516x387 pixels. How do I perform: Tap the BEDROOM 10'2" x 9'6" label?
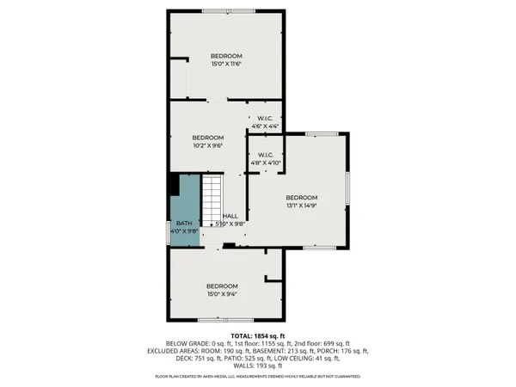208,142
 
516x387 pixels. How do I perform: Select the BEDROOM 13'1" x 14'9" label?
302,201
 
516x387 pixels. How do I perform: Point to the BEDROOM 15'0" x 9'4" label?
222,290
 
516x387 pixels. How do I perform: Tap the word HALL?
230,216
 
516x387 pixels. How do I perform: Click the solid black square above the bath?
175,185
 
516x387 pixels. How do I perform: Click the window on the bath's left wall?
168,233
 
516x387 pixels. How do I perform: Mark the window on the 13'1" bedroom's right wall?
347,193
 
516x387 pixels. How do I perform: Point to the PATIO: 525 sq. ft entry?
257,358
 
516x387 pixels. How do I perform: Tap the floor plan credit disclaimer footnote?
258,377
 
